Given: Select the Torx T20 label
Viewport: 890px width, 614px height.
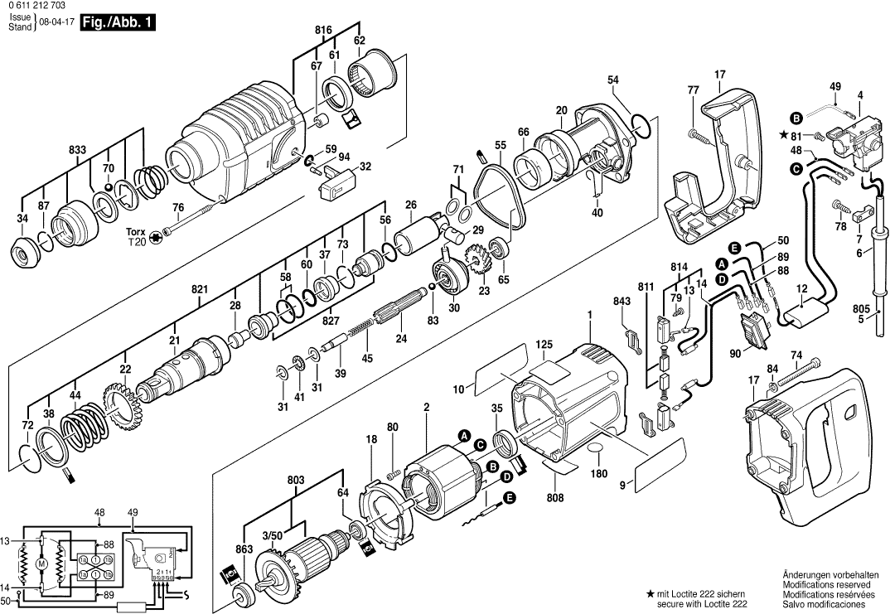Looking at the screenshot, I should click(x=134, y=236).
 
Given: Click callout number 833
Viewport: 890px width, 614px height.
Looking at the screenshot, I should click(x=77, y=150).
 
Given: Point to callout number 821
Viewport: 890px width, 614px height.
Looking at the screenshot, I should click(x=200, y=289).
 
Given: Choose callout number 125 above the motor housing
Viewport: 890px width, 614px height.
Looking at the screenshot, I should click(x=544, y=344).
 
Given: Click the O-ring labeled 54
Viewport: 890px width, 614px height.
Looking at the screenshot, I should click(x=641, y=124).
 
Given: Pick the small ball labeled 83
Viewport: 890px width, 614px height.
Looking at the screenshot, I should click(x=431, y=288).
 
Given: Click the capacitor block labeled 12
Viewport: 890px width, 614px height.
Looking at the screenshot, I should click(x=805, y=313).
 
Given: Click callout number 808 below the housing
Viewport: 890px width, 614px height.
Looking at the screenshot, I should click(x=555, y=498).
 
